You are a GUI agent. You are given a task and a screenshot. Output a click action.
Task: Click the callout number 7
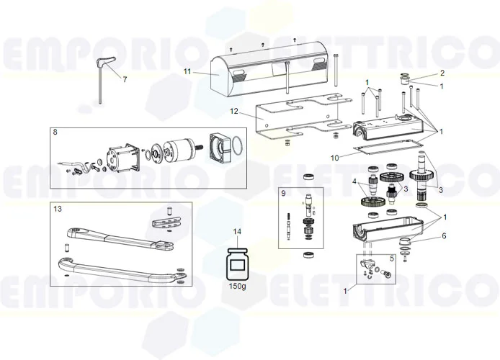coord(124,79)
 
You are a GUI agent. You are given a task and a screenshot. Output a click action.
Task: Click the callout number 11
coord(187,71)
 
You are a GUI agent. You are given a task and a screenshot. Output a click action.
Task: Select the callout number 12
coord(233,112)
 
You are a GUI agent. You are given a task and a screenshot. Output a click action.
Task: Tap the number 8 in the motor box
coord(55,133)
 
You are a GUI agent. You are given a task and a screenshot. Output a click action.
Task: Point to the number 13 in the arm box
coord(58,209)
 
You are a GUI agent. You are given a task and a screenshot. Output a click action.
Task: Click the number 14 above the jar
coord(237,231)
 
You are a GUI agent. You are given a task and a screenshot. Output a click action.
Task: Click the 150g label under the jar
coord(237,286)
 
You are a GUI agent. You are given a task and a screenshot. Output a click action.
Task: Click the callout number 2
coord(442,73)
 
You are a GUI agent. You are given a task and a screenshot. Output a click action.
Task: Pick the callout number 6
coord(444,235)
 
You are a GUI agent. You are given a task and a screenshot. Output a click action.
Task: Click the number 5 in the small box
coord(391,257)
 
